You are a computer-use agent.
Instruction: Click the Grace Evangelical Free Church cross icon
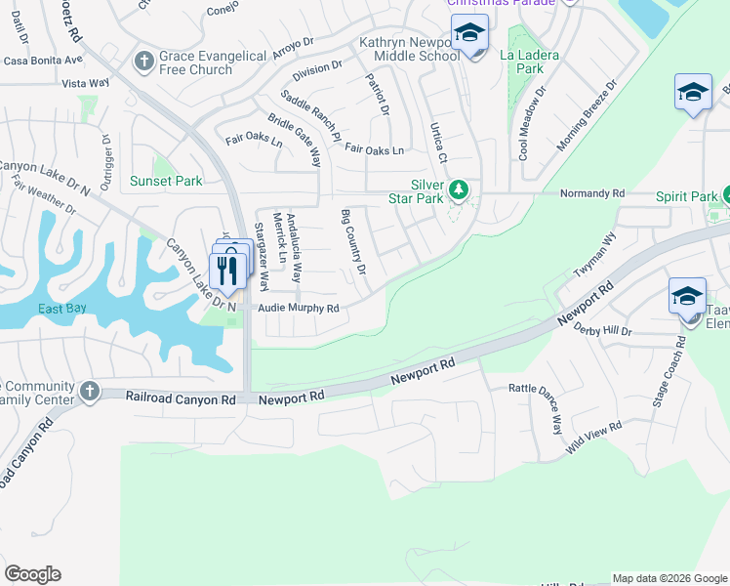142,62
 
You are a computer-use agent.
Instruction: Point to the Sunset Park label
166,182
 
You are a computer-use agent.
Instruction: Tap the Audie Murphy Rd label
298,309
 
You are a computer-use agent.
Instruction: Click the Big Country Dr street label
353,241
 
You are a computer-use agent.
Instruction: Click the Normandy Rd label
591,194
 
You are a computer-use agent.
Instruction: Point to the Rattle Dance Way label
536,409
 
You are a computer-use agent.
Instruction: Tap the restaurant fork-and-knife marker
226,270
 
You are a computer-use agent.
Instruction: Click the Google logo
32,574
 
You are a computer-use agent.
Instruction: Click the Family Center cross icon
89,391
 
